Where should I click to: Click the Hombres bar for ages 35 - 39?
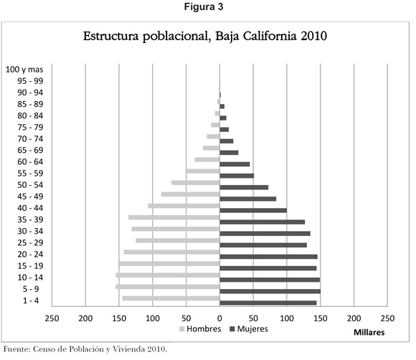coord(174,217)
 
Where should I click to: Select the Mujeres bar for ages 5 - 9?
coord(270,291)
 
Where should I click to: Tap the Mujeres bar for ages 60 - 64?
coord(235,164)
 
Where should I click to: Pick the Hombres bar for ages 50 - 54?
coord(196,183)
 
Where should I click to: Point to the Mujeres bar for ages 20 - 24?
coord(268,257)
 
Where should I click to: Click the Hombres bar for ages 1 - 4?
coord(171,298)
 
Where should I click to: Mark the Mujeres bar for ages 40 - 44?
coord(253,210)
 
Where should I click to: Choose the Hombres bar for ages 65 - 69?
coord(212,148)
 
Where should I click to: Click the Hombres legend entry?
coord(200,329)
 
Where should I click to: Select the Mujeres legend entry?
coord(249,329)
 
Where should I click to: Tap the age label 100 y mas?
coord(24,70)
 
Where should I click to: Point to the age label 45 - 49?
coord(30,196)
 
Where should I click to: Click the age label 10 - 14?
coord(30,278)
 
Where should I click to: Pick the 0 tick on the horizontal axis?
coord(219,318)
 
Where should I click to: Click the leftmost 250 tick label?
coord(52,318)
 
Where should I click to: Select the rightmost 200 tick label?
coord(354,318)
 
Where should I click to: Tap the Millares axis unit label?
coord(369,333)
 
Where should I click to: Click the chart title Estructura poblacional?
coord(205,36)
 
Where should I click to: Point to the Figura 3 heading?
coord(204,6)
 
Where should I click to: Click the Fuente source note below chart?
coord(85,349)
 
